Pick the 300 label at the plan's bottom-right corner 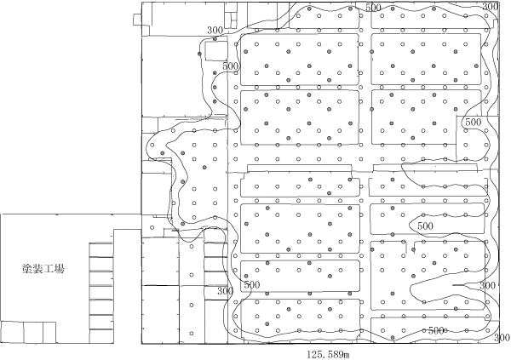(489, 286)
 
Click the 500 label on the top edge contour (372, 8)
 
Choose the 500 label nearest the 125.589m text (437, 330)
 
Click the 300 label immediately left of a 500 (225, 290)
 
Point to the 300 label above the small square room (215, 31)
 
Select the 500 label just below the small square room (229, 66)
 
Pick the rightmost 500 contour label (474, 123)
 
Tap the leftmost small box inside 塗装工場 (11, 331)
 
